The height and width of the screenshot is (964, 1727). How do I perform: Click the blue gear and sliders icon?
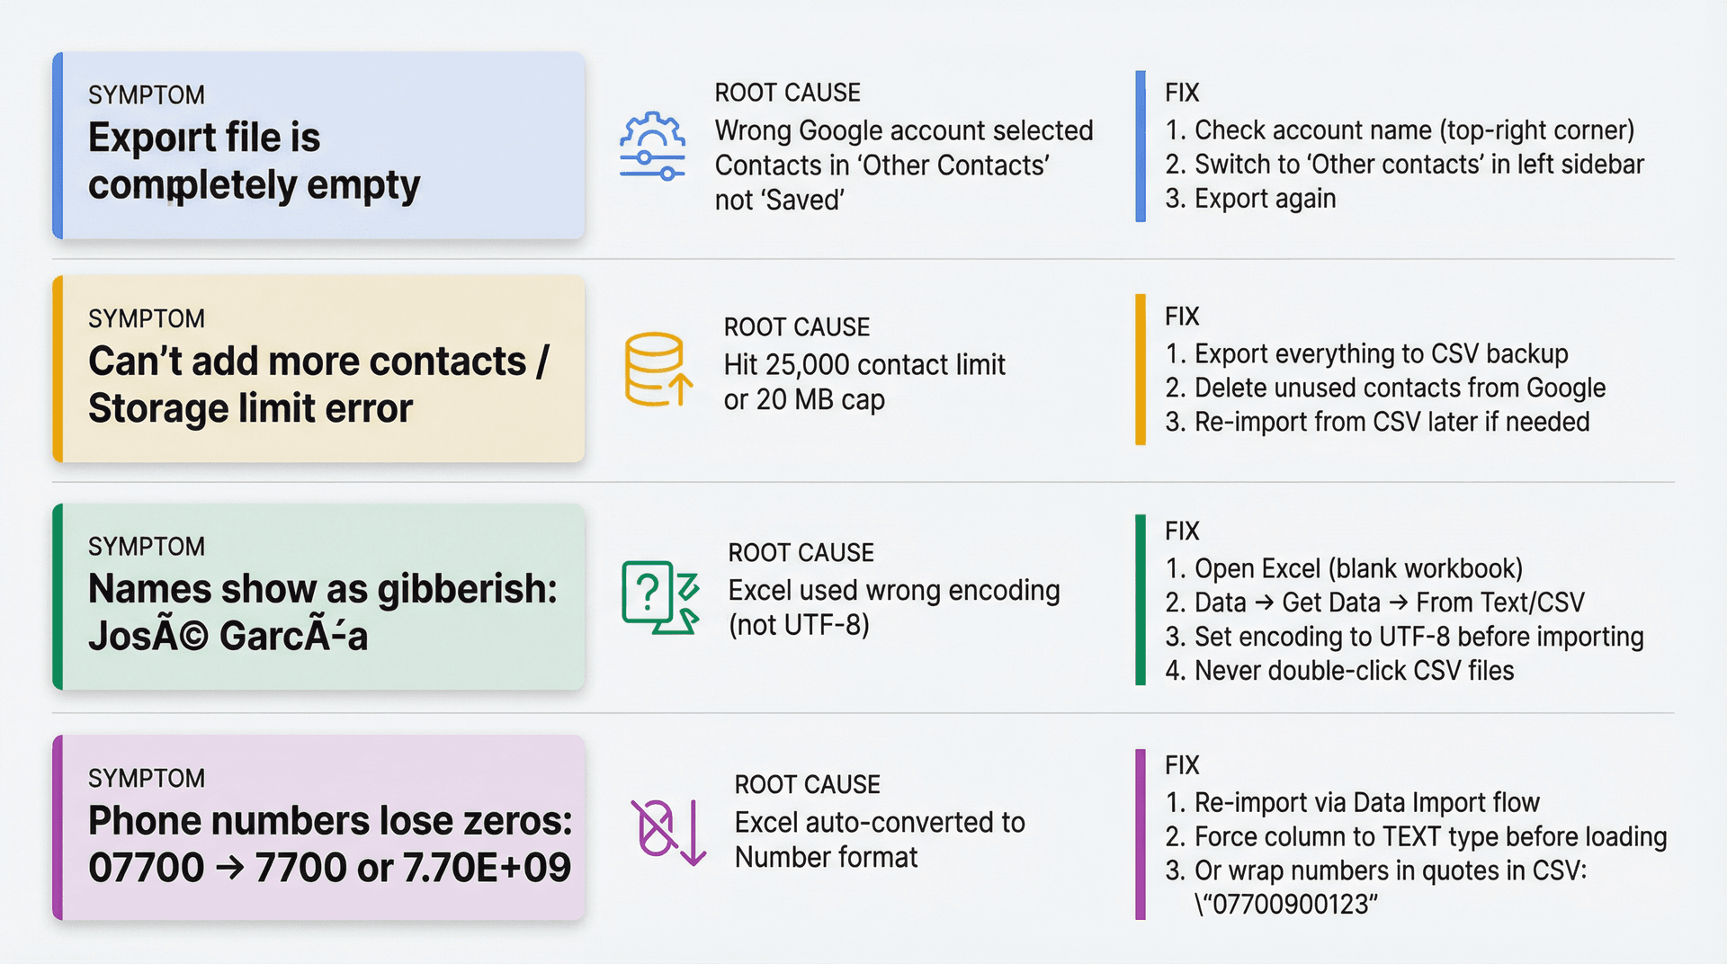coord(652,147)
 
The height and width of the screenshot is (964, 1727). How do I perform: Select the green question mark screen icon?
coord(659,597)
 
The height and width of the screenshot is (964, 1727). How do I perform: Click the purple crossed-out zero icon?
coord(667,832)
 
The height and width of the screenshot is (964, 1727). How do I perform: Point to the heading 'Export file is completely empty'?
coord(254,161)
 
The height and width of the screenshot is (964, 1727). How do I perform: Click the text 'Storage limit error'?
coord(250,409)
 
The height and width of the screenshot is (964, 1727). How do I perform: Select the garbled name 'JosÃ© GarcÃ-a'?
coord(228,637)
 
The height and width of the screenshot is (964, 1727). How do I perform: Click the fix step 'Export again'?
coord(1265,199)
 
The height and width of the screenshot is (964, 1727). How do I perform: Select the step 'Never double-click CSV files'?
coord(1354,671)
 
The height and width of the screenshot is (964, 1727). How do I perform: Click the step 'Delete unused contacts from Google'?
coord(1400,388)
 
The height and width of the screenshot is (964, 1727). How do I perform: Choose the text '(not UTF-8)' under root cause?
coord(799,625)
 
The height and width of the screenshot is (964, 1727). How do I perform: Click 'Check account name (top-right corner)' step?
coord(1414,130)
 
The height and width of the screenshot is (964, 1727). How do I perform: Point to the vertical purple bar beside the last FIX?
coord(1141,834)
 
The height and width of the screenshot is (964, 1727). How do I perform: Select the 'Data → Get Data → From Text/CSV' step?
coord(1389,602)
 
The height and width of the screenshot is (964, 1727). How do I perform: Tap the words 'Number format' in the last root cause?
coord(826,858)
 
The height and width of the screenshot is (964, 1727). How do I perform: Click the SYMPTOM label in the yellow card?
coord(147,319)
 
